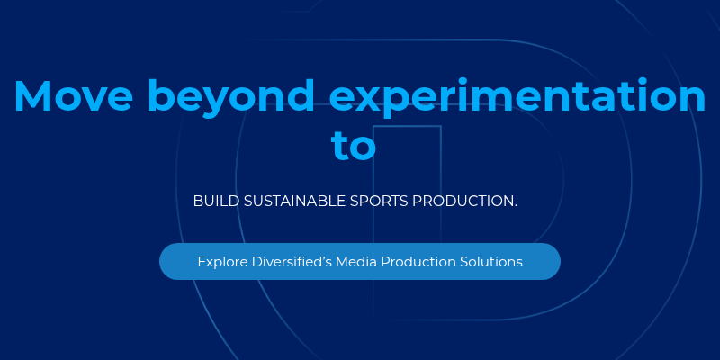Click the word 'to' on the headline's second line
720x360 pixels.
pos(353,146)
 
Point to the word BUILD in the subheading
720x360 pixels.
pos(212,201)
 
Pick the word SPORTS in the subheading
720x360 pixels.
pos(378,201)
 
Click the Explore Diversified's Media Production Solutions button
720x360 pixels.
pos(360,262)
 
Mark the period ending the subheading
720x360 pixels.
pos(516,206)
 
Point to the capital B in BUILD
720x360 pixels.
pos(198,201)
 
